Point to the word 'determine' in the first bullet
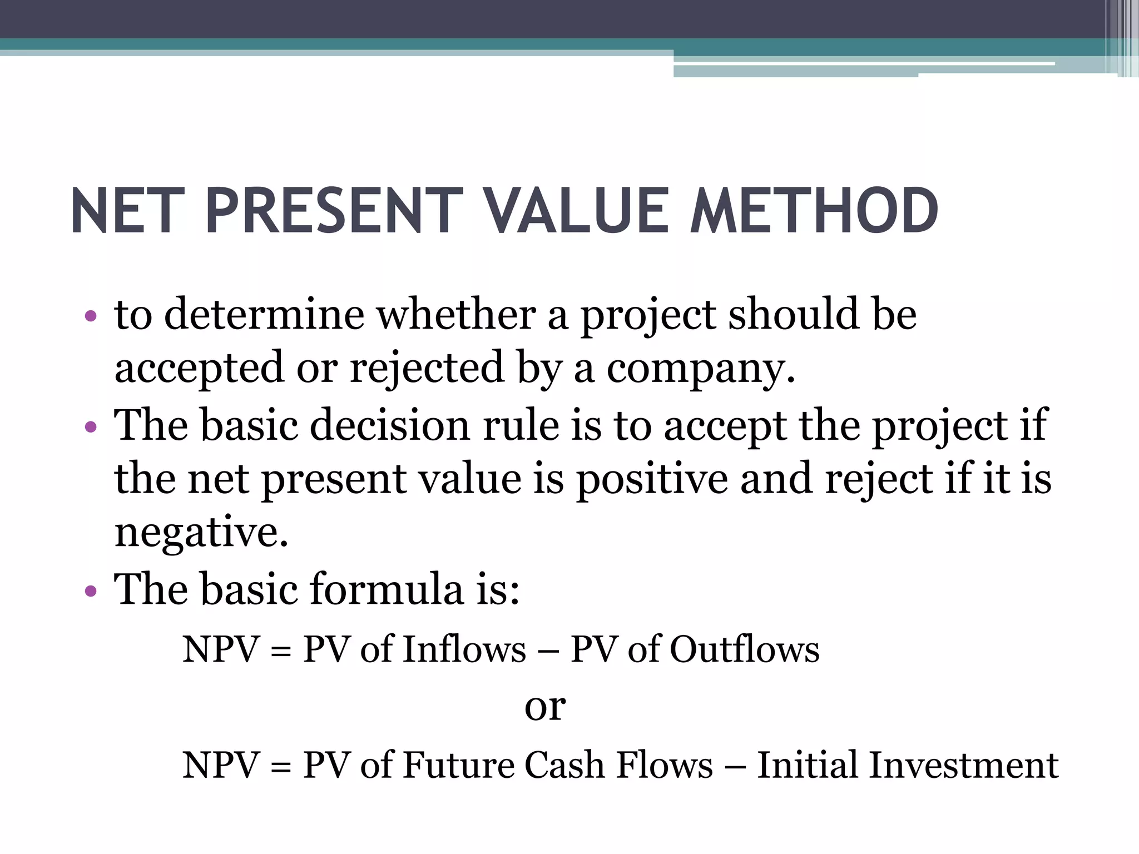pos(264,315)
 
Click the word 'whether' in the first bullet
pos(456,315)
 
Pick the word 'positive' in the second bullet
pos(651,479)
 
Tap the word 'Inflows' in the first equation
pos(463,649)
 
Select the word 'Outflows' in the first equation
pos(744,649)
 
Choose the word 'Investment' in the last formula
pos(963,766)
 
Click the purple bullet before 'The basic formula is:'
pos(91,591)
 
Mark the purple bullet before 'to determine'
pos(91,317)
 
